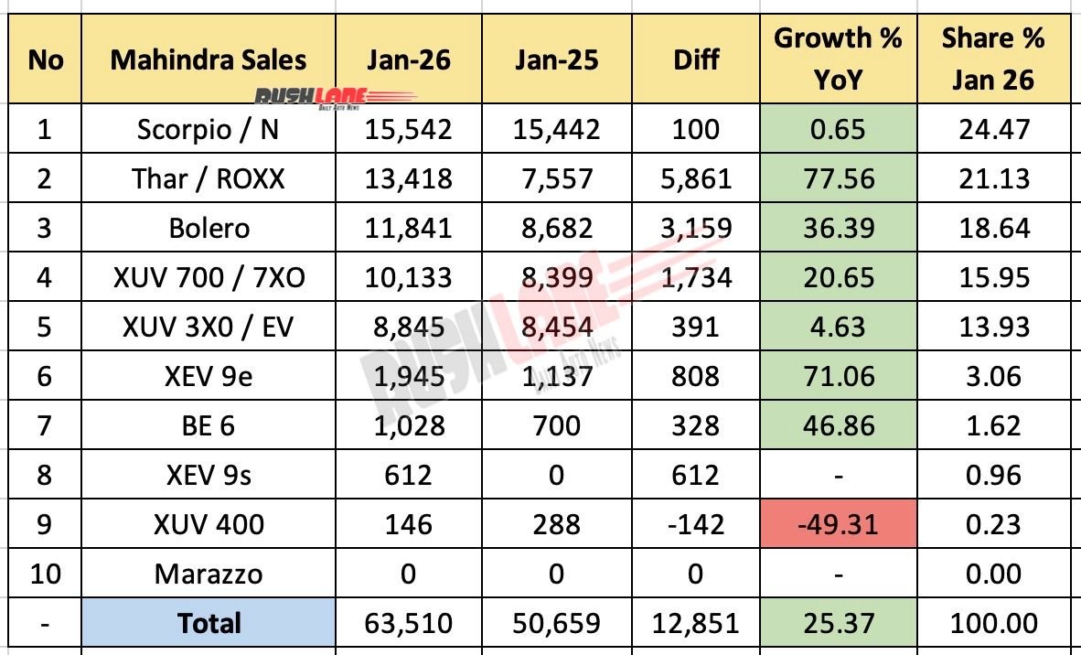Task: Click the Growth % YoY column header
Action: (x=838, y=59)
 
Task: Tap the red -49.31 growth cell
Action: (x=838, y=524)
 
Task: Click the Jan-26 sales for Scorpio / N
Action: (x=408, y=129)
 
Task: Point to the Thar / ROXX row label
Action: (x=208, y=178)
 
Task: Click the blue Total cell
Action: (x=208, y=623)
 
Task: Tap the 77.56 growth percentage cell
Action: (x=838, y=178)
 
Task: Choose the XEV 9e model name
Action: (x=208, y=376)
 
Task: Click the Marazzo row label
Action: (x=208, y=574)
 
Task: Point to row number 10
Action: (x=45, y=574)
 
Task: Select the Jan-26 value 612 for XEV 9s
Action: (x=408, y=475)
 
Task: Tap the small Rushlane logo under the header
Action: (x=334, y=97)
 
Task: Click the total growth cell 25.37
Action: (x=838, y=623)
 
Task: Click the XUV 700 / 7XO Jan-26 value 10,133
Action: (x=408, y=277)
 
